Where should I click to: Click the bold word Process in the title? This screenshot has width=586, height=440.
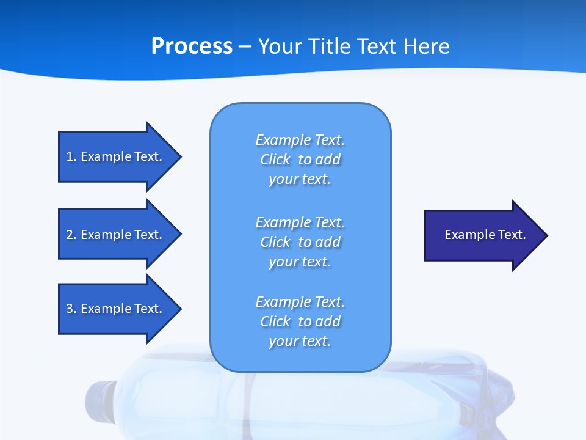click(192, 46)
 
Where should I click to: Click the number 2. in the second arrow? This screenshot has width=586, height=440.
click(71, 235)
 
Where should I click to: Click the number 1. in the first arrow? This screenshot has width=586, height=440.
click(71, 156)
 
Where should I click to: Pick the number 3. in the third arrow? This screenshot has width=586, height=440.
click(71, 309)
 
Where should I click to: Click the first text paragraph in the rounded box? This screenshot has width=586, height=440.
click(300, 159)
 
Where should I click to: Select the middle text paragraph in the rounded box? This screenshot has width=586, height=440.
click(300, 242)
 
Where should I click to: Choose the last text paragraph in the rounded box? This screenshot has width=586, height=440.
click(300, 321)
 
